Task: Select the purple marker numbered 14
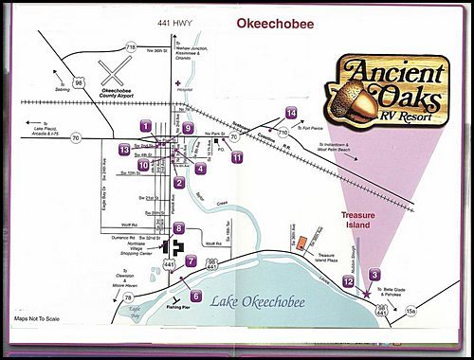pyautogui.click(x=291, y=114)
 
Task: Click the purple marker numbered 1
pyautogui.click(x=145, y=125)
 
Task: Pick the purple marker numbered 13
pyautogui.click(x=124, y=150)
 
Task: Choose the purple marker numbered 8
pyautogui.click(x=178, y=228)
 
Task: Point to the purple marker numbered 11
pyautogui.click(x=236, y=157)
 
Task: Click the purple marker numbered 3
pyautogui.click(x=374, y=275)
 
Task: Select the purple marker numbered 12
pyautogui.click(x=349, y=281)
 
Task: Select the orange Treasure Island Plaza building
pyautogui.click(x=300, y=243)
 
